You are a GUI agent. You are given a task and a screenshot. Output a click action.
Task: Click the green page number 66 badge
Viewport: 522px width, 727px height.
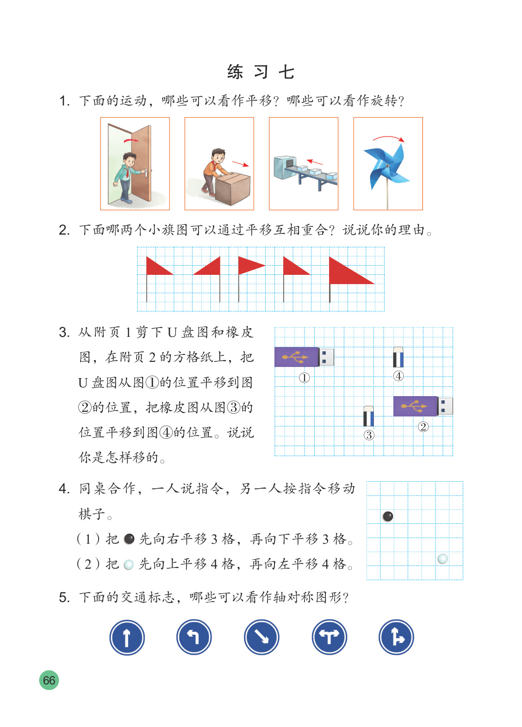(49, 680)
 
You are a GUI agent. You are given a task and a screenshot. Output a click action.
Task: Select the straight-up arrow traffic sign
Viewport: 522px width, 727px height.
(127, 637)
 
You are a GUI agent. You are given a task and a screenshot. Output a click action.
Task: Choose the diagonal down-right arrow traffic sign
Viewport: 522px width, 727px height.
(261, 637)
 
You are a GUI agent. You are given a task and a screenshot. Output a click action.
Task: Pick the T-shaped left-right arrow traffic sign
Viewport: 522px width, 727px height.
(329, 637)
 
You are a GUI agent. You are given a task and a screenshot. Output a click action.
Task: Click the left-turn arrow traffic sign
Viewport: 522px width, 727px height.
(194, 637)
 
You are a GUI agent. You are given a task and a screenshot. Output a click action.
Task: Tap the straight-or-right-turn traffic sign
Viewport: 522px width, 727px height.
(397, 637)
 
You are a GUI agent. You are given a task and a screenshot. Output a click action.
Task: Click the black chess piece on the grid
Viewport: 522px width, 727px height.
(388, 516)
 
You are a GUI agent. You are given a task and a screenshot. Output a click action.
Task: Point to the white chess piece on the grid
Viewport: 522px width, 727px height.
(443, 559)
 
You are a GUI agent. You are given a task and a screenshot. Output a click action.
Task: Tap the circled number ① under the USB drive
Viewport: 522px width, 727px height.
(304, 378)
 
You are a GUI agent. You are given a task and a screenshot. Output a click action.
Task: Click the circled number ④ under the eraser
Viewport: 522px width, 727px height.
(398, 376)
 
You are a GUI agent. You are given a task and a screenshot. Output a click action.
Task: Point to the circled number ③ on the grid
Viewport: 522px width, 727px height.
(369, 435)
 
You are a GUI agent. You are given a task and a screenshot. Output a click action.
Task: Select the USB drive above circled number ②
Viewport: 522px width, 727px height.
(423, 406)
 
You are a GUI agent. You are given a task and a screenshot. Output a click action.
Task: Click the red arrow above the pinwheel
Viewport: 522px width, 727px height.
(388, 138)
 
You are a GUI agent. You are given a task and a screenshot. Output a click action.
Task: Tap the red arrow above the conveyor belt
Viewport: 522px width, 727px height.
(315, 162)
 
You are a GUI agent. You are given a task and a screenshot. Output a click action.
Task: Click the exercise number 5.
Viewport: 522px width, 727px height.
(64, 597)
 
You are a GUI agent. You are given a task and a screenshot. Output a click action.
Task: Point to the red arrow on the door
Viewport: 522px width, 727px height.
(131, 141)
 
